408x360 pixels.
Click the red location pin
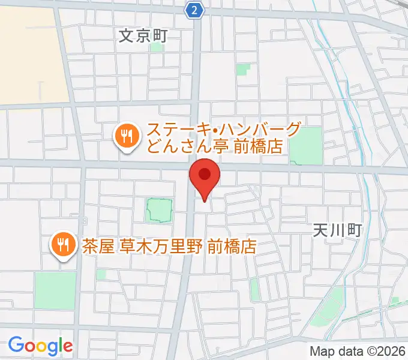coord(205,179)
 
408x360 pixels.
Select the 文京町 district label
coord(142,35)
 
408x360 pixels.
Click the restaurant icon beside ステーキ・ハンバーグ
coord(125,136)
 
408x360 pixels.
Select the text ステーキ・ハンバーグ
coord(223,130)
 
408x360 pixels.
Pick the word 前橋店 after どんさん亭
coord(258,146)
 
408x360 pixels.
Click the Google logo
coord(40,346)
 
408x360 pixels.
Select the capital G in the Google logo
coord(15,345)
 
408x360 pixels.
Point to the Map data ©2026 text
coord(357,350)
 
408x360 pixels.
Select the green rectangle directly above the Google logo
coord(55,291)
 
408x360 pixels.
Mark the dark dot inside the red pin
coord(205,175)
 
